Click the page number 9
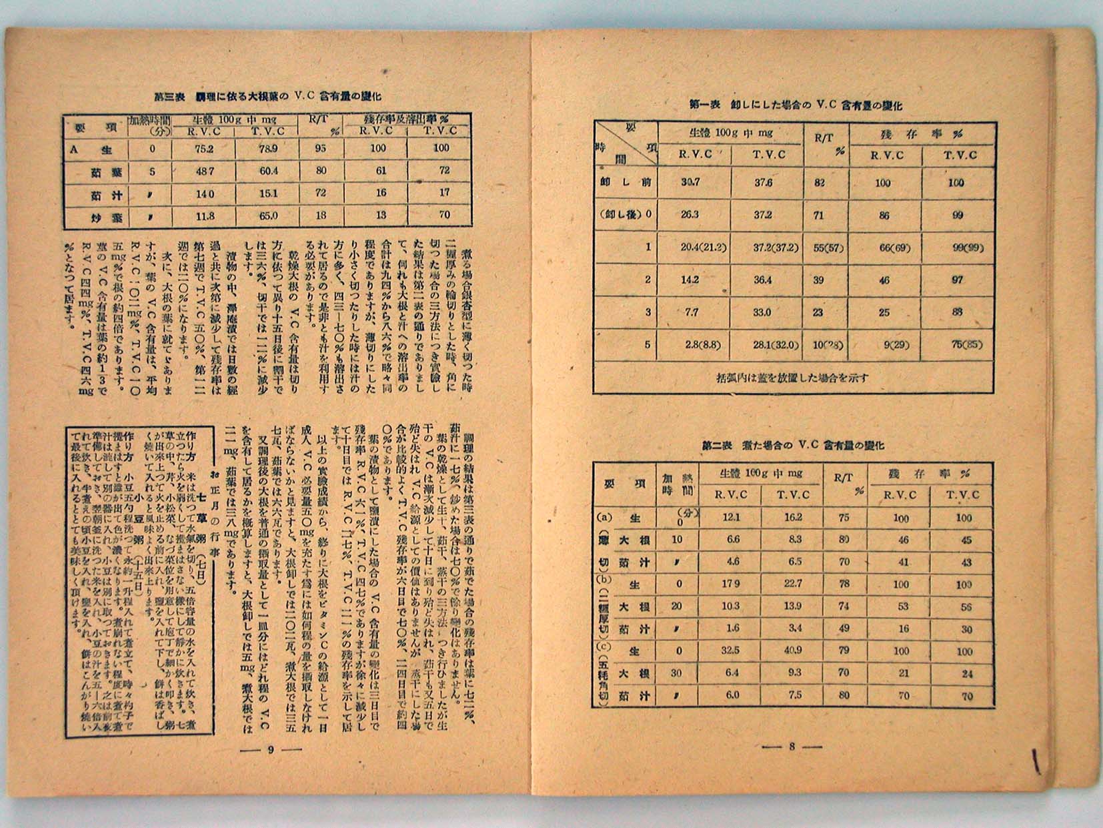(x=271, y=749)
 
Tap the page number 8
(x=792, y=747)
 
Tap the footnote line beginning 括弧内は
(x=791, y=378)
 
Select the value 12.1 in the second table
(x=732, y=517)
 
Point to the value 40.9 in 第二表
(x=794, y=651)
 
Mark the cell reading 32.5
(x=732, y=651)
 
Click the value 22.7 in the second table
(x=794, y=584)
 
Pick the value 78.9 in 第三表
(x=269, y=148)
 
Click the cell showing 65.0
(x=269, y=216)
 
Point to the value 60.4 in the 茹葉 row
(x=269, y=171)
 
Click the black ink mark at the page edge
(x=1036, y=760)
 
